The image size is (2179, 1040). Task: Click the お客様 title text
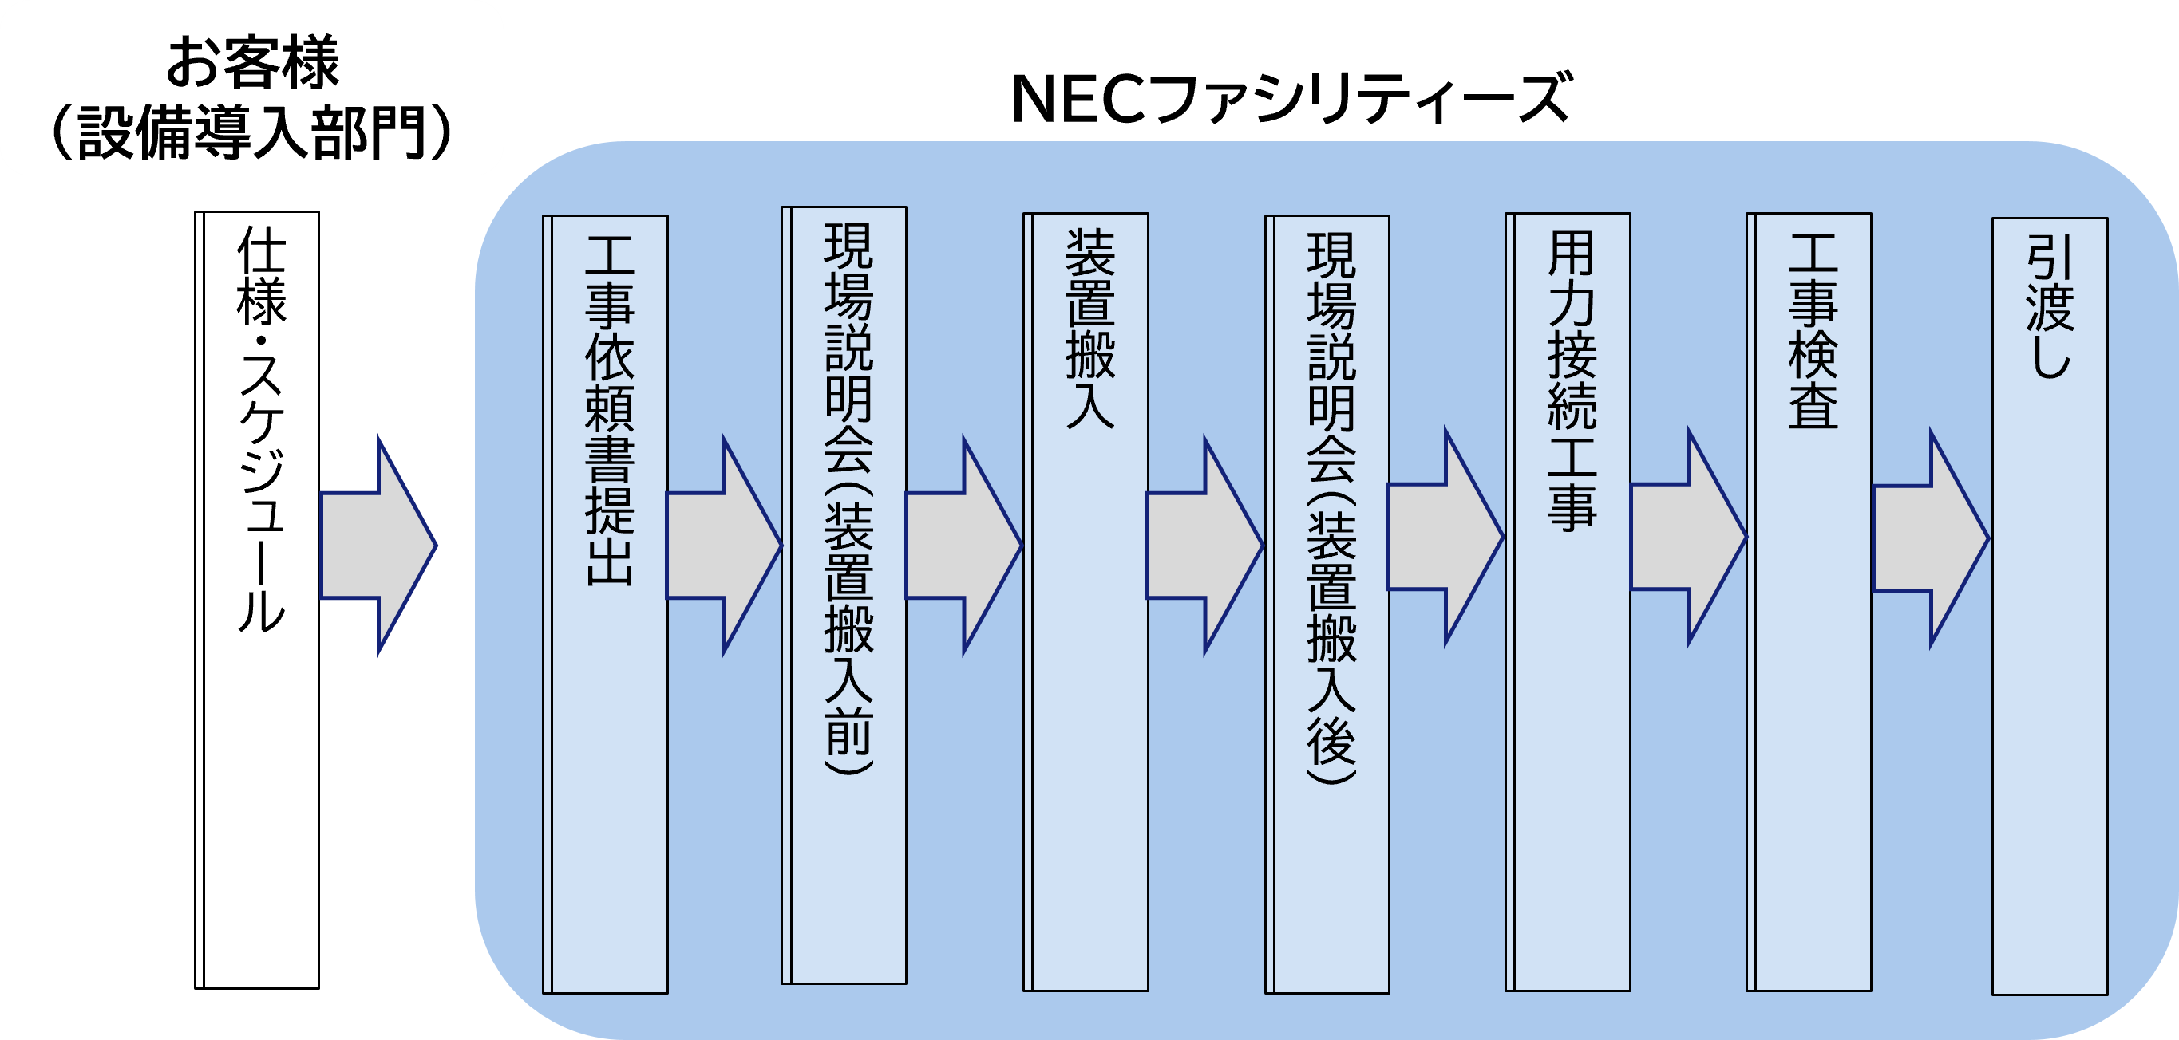point(252,61)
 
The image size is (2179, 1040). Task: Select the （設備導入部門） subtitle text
point(252,132)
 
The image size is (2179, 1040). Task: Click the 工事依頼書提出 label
point(609,411)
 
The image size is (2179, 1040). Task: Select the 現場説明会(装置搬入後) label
point(1331,507)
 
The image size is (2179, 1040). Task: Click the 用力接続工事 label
point(1572,380)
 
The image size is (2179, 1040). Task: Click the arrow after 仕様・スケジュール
point(378,546)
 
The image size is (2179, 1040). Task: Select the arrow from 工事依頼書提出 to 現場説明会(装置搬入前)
point(723,546)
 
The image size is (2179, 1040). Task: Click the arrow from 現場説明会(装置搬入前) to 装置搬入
point(963,546)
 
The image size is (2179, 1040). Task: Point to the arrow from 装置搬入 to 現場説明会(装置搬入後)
point(1204,546)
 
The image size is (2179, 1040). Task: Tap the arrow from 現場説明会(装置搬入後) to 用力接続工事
point(1445,537)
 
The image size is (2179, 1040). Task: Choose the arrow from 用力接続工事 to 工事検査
point(1687,537)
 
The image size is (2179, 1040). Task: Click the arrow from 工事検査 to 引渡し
point(1930,538)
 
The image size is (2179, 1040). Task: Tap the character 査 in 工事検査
point(1813,406)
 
